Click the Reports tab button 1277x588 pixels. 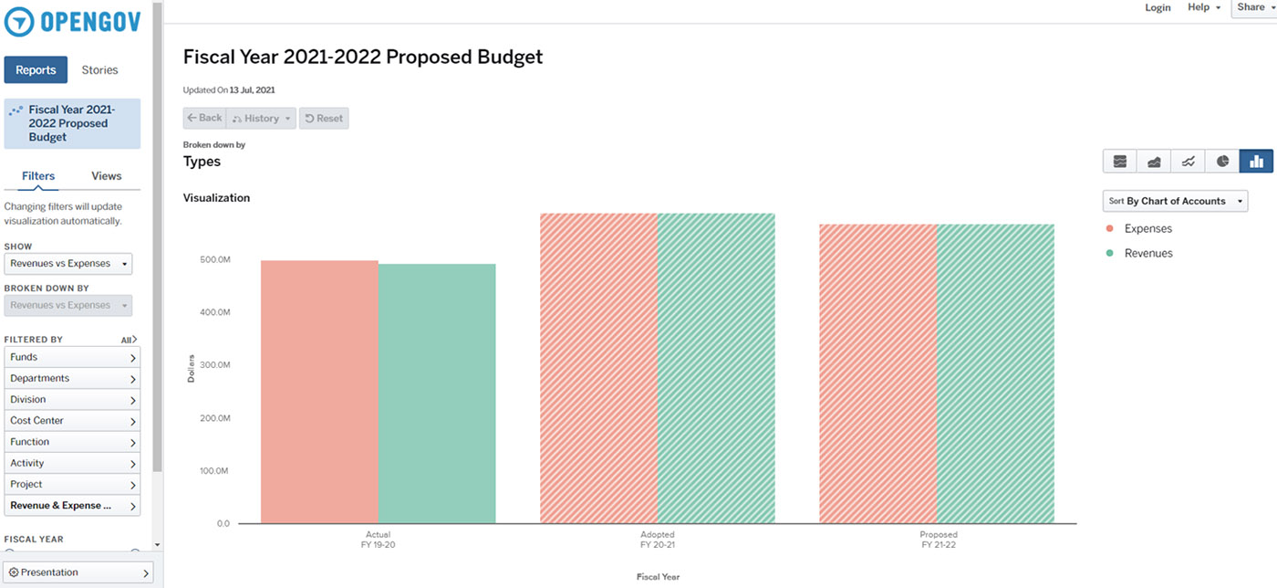(36, 70)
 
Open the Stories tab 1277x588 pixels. (99, 70)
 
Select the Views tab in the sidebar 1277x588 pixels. (106, 176)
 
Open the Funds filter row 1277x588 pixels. (72, 357)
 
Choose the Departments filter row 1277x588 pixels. (72, 378)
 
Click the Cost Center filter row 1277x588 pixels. (72, 421)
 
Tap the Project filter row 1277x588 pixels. (72, 484)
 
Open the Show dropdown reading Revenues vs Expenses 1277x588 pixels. (68, 264)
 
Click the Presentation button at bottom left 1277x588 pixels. (77, 572)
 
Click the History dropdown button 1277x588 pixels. (261, 118)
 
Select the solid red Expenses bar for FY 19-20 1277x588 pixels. (319, 392)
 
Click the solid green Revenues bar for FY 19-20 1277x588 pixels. (437, 394)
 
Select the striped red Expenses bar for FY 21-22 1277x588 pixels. (877, 373)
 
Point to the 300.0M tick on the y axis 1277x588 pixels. (214, 365)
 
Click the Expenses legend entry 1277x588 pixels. (1147, 229)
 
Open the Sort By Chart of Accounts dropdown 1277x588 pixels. (1175, 201)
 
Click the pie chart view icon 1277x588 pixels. (1222, 162)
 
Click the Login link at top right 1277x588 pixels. (1158, 7)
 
